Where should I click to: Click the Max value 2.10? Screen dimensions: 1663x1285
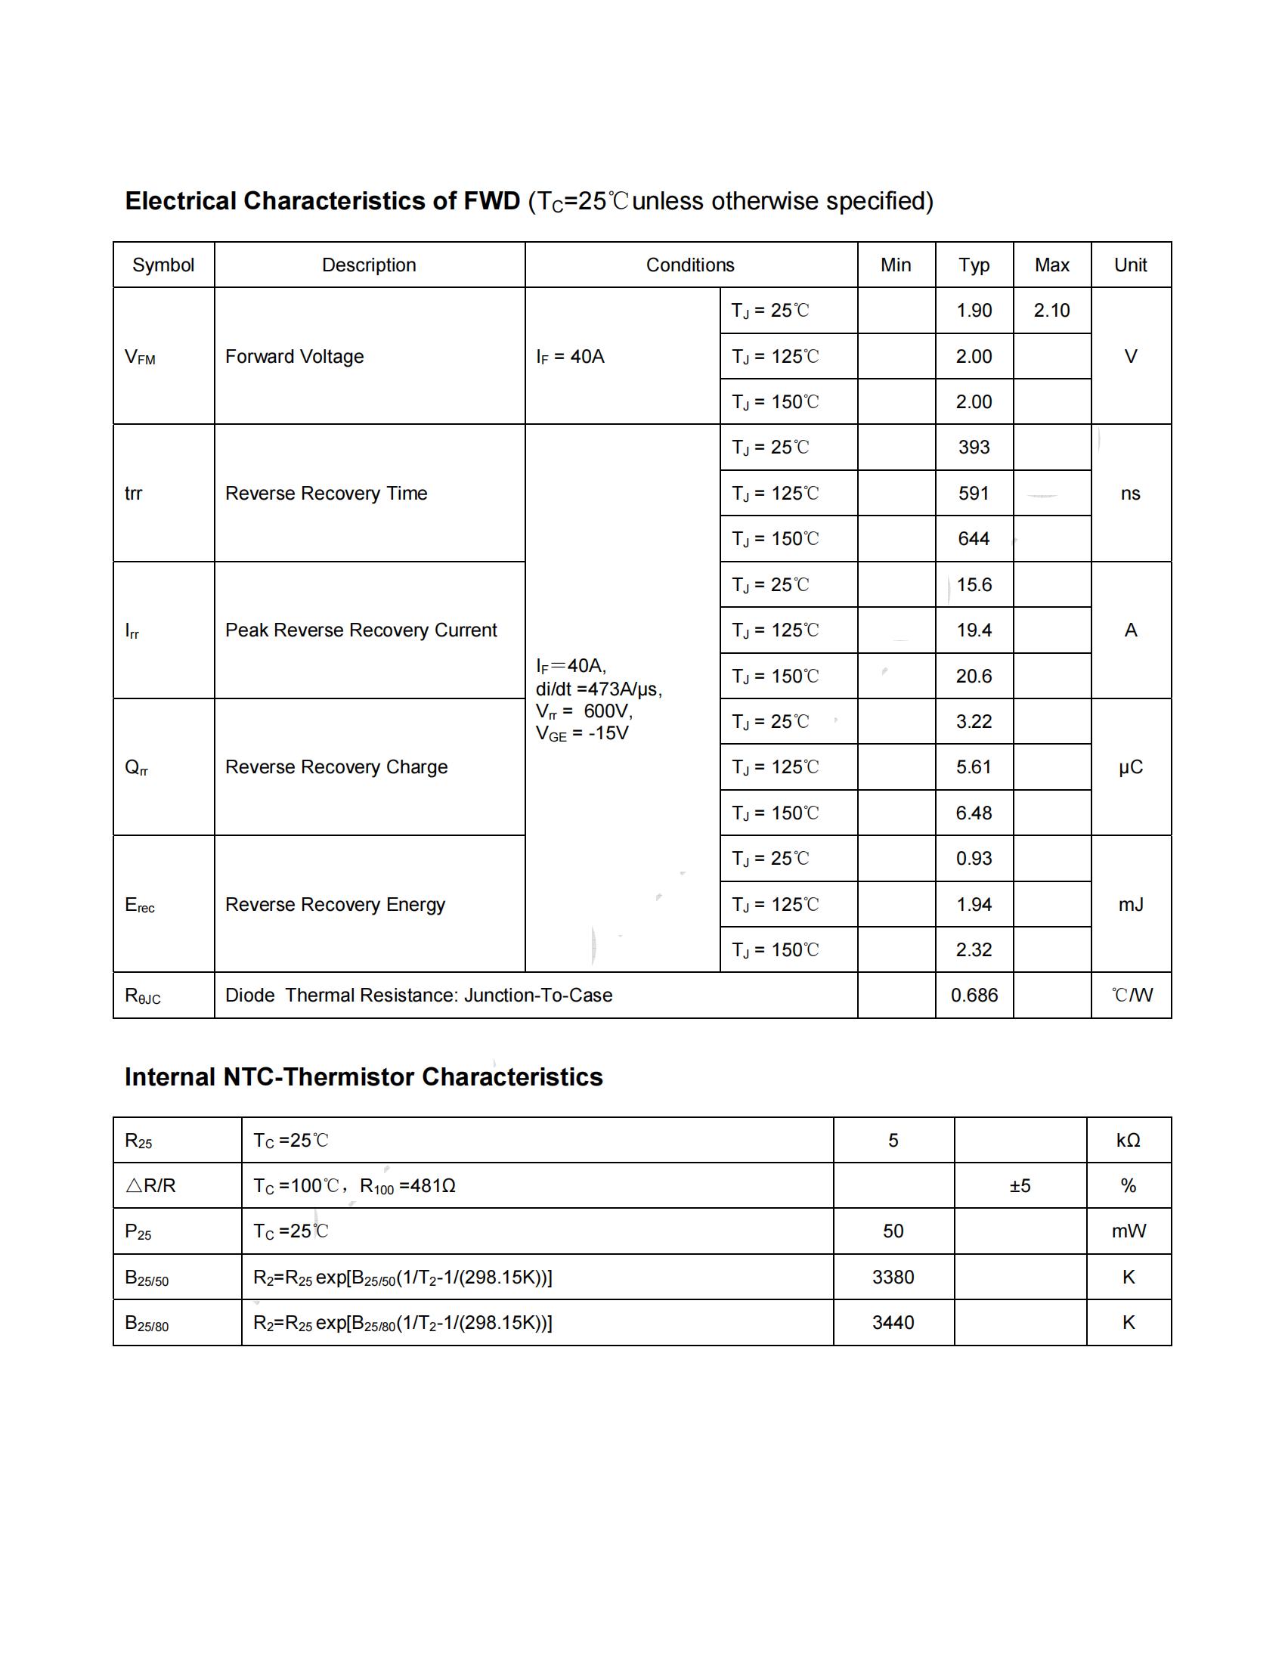1051,311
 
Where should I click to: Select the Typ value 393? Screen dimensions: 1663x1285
974,447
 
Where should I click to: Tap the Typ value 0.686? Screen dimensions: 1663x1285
974,996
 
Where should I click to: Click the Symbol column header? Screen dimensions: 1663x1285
163,265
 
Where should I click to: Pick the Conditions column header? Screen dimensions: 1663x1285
689,265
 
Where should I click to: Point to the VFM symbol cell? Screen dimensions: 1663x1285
140,357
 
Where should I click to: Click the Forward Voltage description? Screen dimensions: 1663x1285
295,356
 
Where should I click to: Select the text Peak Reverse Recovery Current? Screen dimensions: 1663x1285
361,630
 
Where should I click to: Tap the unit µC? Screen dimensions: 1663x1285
1131,767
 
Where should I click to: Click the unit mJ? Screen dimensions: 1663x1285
1131,905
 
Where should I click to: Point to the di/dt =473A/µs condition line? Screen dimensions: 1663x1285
599,689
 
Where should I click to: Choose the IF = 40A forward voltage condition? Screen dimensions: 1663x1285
570,356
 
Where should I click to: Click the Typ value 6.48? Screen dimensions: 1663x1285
974,813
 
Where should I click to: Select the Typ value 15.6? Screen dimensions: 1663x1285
974,585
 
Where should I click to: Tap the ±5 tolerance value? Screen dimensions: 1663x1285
1020,1185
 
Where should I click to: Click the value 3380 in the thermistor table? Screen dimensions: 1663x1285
893,1277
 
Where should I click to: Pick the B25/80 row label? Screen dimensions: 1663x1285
147,1324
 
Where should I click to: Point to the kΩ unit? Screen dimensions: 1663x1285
1129,1141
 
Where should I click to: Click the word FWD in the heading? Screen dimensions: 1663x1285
492,201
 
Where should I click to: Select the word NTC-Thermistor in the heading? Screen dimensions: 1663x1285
319,1077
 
